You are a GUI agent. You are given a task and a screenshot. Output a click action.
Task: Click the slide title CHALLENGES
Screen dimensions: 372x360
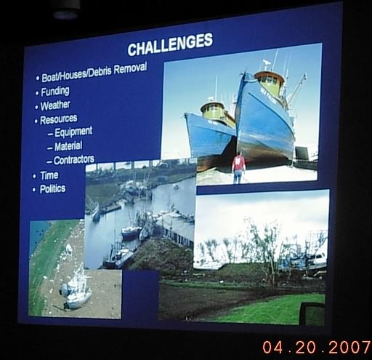pyautogui.click(x=170, y=44)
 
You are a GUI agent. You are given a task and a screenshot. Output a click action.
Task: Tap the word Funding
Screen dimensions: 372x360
pyautogui.click(x=55, y=92)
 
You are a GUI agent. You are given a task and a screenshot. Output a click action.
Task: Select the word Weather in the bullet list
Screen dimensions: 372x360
pyautogui.click(x=55, y=105)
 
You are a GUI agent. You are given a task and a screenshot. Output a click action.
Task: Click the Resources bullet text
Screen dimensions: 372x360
pyautogui.click(x=59, y=119)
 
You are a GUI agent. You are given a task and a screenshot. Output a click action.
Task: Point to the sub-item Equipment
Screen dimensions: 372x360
pyautogui.click(x=73, y=132)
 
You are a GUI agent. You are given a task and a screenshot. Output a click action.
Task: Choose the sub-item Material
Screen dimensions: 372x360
pyautogui.click(x=68, y=146)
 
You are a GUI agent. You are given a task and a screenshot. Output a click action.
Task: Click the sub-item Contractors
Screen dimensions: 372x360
pyautogui.click(x=74, y=160)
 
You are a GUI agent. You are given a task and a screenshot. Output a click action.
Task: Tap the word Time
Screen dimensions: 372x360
pyautogui.click(x=49, y=175)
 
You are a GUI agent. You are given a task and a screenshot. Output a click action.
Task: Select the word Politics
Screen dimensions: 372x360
pyautogui.click(x=52, y=189)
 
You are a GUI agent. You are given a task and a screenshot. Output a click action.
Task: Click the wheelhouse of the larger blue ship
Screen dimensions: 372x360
pyautogui.click(x=270, y=82)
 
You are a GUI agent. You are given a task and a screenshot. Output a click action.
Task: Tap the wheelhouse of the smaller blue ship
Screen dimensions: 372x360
pyautogui.click(x=214, y=111)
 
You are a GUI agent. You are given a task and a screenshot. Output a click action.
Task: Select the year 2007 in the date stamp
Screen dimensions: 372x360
pyautogui.click(x=349, y=347)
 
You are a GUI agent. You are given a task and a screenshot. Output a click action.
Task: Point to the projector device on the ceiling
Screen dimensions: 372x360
pyautogui.click(x=67, y=9)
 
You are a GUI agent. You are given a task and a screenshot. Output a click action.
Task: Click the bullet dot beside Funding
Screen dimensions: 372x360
pyautogui.click(x=37, y=93)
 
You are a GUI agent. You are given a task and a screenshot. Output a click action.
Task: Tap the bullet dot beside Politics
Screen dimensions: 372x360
pyautogui.click(x=34, y=190)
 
